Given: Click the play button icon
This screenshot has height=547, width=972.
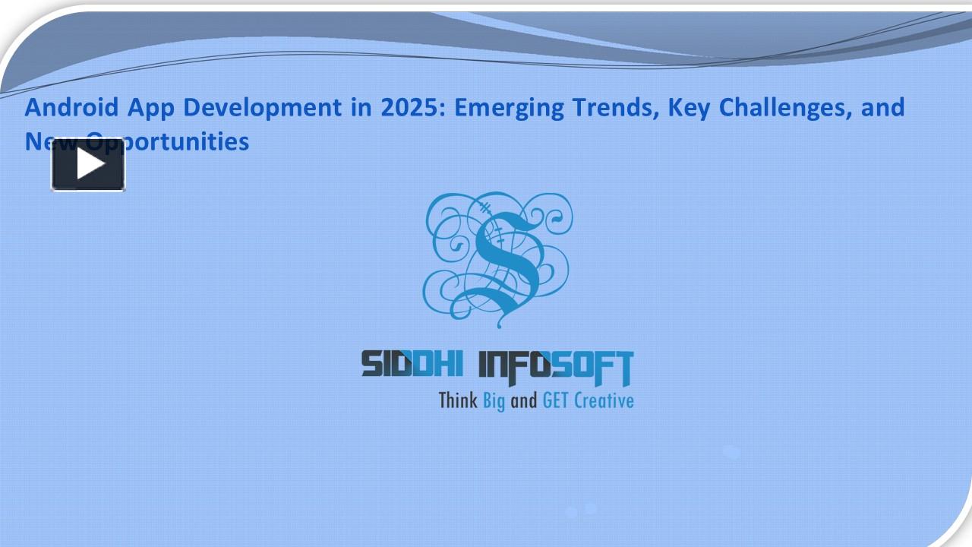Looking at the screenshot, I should click(88, 165).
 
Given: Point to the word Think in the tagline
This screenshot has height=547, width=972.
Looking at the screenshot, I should click(458, 400).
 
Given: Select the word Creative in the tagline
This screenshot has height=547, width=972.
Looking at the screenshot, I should click(604, 400).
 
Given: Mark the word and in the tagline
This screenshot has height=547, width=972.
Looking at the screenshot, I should click(523, 400).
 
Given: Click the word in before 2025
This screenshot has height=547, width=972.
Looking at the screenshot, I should click(361, 108).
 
